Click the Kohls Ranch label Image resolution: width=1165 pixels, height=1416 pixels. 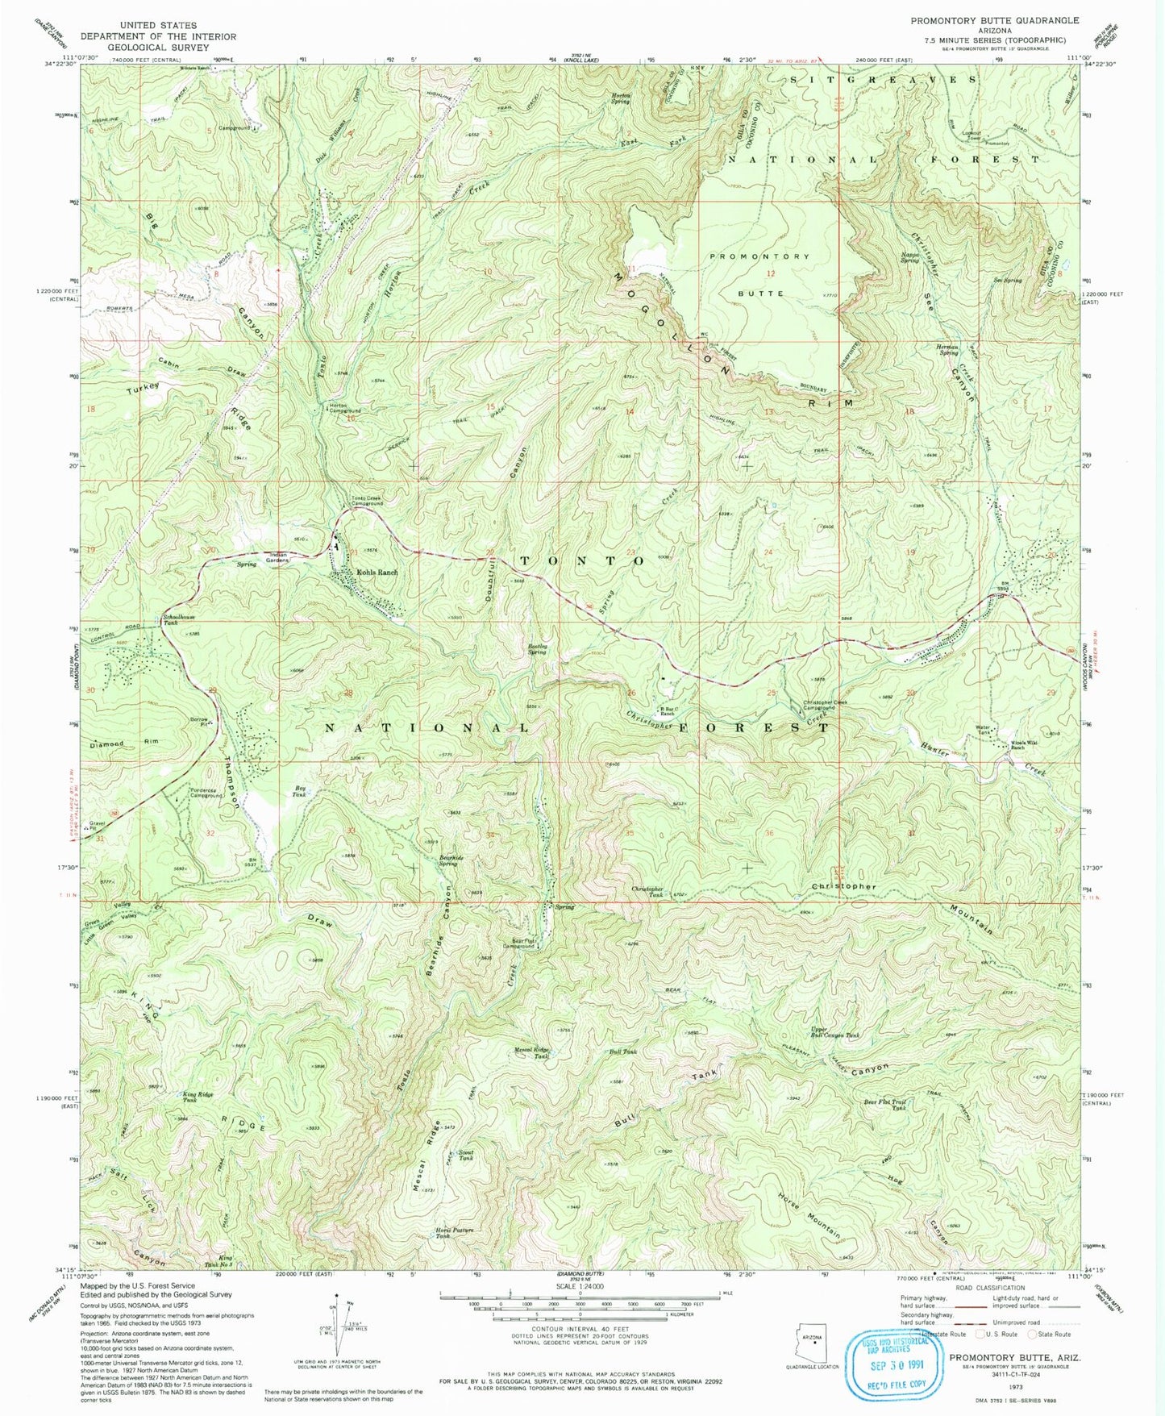coord(377,573)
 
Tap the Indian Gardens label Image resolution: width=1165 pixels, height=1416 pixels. coord(277,558)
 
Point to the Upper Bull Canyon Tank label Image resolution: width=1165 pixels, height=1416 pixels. coord(835,1033)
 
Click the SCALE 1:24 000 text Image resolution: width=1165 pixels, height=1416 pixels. coord(580,1286)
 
